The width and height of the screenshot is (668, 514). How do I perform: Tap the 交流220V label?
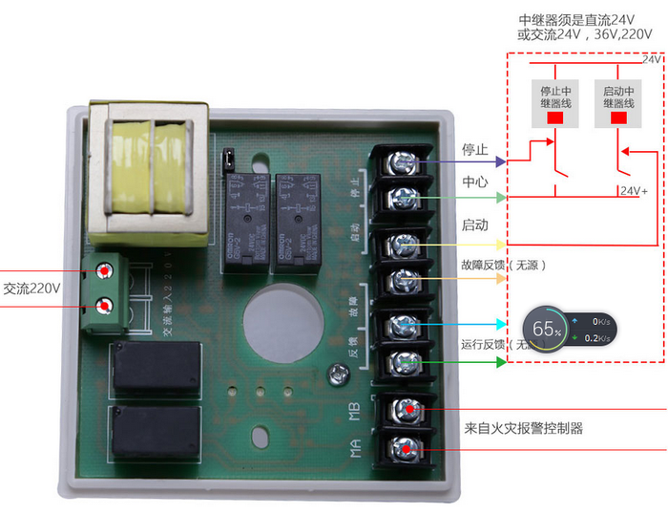(x=31, y=288)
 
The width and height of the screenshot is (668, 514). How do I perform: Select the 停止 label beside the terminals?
(x=475, y=150)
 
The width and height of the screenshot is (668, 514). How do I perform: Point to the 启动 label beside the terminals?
(x=475, y=226)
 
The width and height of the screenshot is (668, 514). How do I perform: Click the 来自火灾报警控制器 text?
(x=523, y=429)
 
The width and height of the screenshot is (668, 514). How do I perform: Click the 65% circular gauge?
(x=547, y=330)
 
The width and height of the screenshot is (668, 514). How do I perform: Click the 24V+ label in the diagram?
(x=634, y=191)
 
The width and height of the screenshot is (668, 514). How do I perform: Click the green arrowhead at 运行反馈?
(x=502, y=363)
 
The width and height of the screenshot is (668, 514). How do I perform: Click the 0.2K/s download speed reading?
(x=597, y=337)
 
